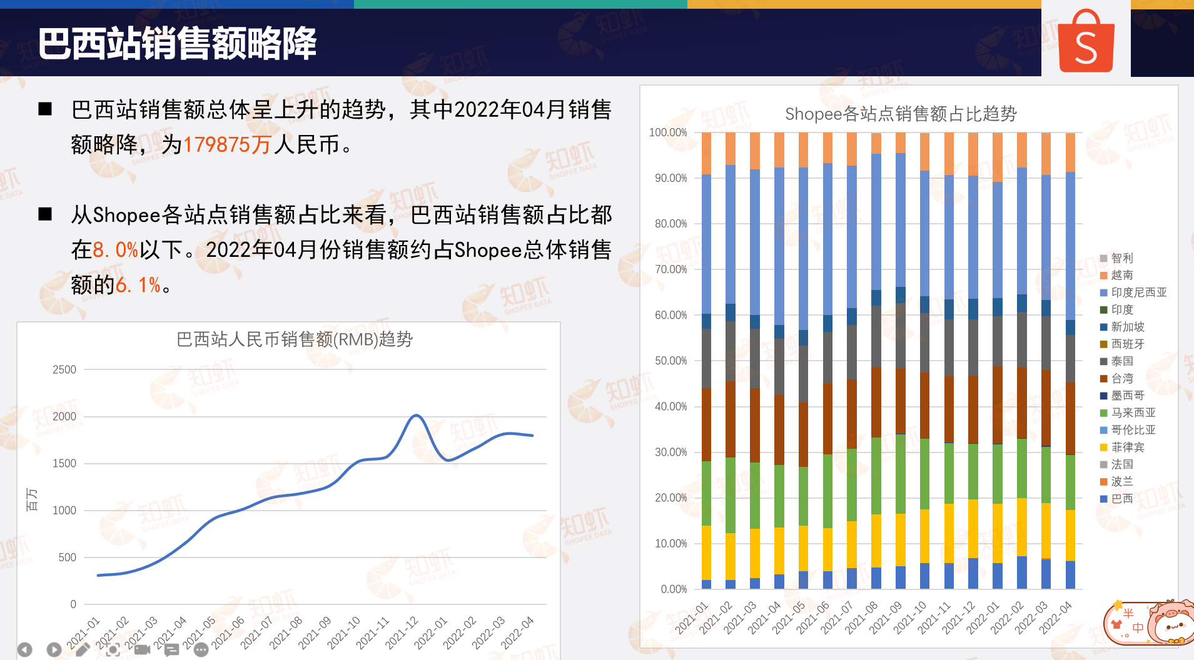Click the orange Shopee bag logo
[1086, 42]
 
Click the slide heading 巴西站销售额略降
[177, 44]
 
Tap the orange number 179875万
[226, 145]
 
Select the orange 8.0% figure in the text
[116, 250]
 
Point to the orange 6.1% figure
[138, 285]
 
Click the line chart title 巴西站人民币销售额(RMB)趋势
[295, 339]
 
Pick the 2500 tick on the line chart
[64, 369]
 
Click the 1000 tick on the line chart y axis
[64, 510]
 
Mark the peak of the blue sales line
[416, 415]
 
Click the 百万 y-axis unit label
[31, 499]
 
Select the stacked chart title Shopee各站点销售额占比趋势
[901, 114]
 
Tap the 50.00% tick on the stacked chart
[670, 361]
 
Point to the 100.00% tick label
[668, 132]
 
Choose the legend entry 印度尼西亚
[1138, 292]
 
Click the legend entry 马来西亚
[1133, 412]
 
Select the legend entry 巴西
[1121, 499]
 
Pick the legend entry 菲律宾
[1127, 447]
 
